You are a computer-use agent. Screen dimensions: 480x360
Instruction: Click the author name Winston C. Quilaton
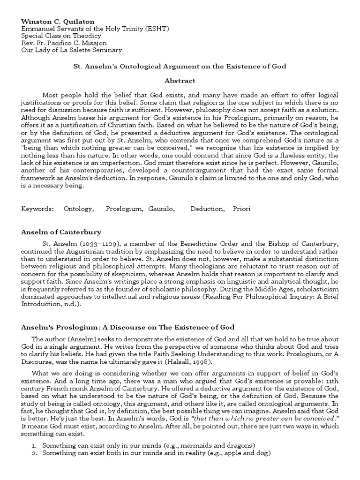[54, 22]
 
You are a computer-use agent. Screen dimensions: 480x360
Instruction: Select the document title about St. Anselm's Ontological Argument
[180, 67]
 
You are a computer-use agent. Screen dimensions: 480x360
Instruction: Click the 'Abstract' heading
[180, 81]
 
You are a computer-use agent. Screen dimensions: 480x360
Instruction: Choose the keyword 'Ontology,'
[79, 209]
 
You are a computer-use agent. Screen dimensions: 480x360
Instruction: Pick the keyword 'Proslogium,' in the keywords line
[124, 209]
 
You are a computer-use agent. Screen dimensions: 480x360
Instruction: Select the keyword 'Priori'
[242, 209]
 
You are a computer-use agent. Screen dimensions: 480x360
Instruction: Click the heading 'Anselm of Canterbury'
[61, 232]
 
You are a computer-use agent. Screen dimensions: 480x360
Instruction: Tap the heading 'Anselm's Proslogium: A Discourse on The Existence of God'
[127, 327]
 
